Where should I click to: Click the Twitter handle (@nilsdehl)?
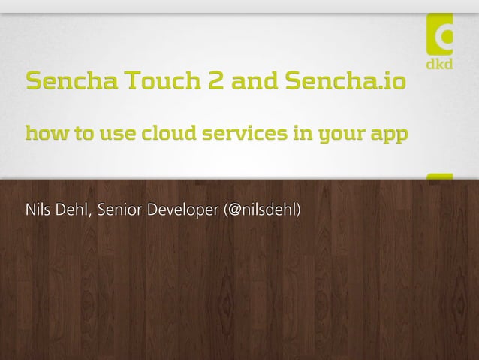(x=264, y=207)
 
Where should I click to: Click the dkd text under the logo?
(x=440, y=65)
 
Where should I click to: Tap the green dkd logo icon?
(x=440, y=34)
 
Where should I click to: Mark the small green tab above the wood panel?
(x=440, y=177)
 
